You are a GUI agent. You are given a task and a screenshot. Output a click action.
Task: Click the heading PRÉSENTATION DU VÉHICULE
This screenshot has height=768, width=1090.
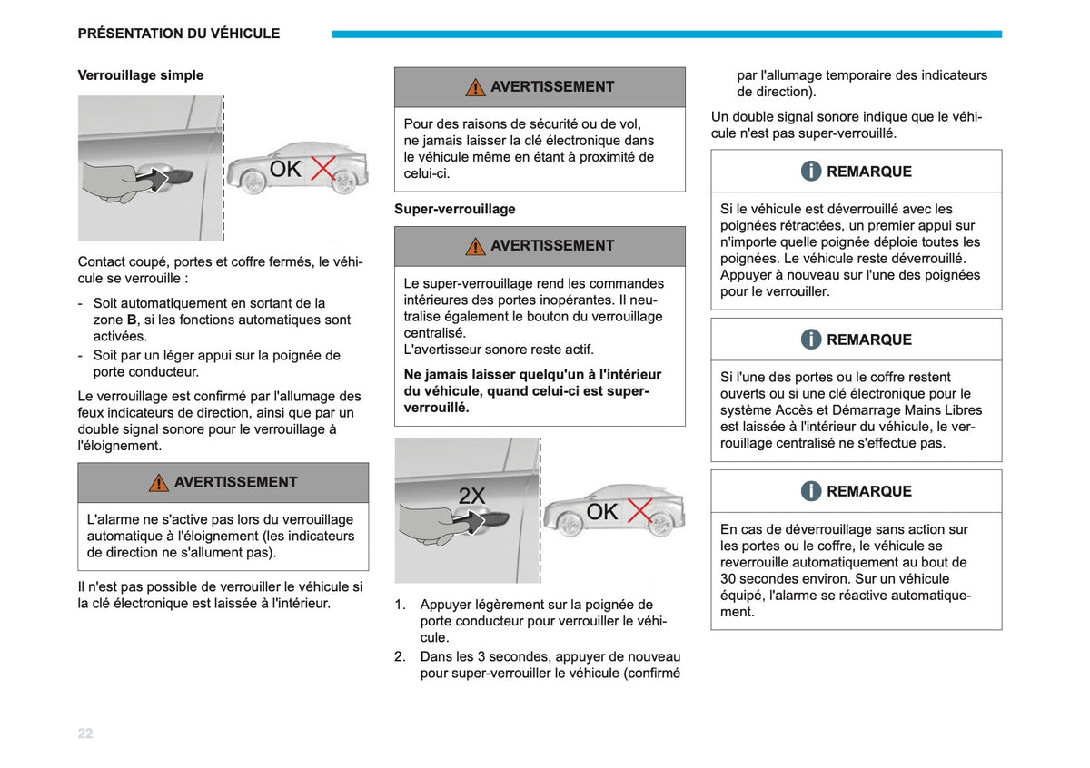click(179, 34)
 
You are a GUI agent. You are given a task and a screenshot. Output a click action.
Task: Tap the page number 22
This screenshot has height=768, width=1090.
click(85, 734)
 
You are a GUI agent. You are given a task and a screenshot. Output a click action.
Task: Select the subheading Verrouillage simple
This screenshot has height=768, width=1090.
click(141, 75)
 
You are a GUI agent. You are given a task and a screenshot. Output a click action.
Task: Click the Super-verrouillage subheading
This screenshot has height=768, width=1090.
click(454, 209)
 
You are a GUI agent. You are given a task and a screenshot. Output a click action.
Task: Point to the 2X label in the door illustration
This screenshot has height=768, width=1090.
click(471, 496)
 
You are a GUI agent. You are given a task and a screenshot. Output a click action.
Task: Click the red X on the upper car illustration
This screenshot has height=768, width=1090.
click(322, 168)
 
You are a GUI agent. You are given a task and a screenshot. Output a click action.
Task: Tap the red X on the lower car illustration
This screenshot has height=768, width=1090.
click(639, 511)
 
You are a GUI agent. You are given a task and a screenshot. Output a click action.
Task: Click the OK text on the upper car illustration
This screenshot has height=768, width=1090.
click(285, 169)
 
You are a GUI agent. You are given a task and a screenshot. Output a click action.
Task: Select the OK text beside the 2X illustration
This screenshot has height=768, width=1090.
click(602, 512)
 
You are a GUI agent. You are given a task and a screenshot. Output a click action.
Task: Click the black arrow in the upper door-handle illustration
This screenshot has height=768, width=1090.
click(153, 179)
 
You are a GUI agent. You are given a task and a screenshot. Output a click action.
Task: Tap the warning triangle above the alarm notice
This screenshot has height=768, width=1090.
click(159, 483)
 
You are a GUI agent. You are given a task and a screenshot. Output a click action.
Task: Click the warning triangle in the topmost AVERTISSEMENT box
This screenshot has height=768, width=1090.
click(475, 87)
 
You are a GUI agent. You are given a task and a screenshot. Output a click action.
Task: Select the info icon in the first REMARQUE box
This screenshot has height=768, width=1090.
click(811, 172)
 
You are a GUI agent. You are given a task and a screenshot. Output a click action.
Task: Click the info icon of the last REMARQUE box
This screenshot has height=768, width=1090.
click(811, 491)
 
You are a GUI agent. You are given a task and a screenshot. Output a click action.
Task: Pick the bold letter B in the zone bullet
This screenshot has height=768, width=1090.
click(132, 320)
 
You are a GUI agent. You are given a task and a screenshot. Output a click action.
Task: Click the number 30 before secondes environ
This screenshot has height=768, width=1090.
click(728, 579)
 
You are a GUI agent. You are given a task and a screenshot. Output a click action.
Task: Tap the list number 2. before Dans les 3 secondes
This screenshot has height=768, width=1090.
click(400, 657)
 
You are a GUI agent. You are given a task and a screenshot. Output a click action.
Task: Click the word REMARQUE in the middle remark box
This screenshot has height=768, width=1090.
click(869, 340)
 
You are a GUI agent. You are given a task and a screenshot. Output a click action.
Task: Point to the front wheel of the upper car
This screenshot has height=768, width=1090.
click(253, 182)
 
